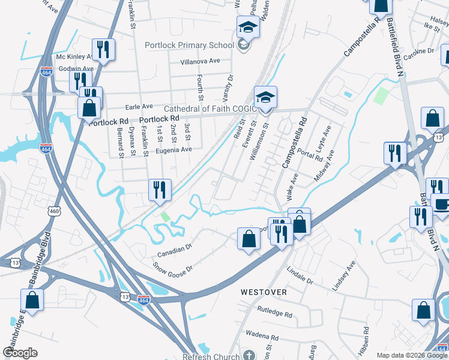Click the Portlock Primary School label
pyautogui.click(x=189, y=45)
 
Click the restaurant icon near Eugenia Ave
pyautogui.click(x=160, y=190)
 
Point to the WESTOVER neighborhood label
pyautogui.click(x=264, y=292)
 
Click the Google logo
pyautogui.click(x=20, y=353)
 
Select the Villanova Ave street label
pyautogui.click(x=200, y=61)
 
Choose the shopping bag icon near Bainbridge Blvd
pyautogui.click(x=32, y=301)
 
